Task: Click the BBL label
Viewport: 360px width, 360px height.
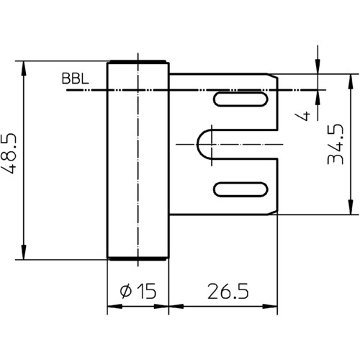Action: [x=75, y=78]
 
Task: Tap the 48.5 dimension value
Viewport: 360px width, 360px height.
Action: [x=9, y=153]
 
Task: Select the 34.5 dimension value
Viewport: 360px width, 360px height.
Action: [x=336, y=144]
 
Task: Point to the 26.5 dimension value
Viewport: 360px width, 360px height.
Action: [x=228, y=291]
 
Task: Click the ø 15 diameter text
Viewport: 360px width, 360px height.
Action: [x=138, y=291]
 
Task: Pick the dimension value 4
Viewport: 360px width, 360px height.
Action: [x=303, y=116]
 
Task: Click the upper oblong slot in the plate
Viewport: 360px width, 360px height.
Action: [x=240, y=99]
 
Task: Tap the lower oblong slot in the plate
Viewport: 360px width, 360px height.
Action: [x=240, y=189]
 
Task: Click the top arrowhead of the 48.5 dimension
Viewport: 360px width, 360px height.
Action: [x=24, y=68]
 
